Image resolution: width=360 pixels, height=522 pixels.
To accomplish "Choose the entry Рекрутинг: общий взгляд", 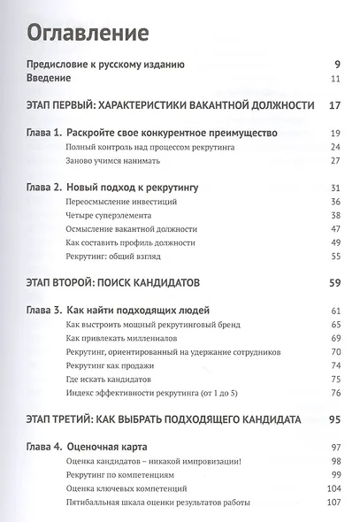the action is coord(118,257).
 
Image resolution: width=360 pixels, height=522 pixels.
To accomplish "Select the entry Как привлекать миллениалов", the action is coord(121,339).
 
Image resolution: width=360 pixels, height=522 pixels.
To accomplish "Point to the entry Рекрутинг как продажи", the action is coord(111,366).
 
